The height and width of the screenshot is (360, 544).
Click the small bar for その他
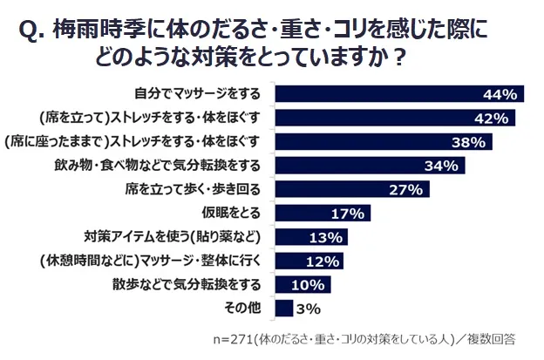coord(283,308)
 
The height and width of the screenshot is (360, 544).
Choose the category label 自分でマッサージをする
coord(201,94)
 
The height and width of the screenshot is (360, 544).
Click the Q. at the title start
coord(32,32)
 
